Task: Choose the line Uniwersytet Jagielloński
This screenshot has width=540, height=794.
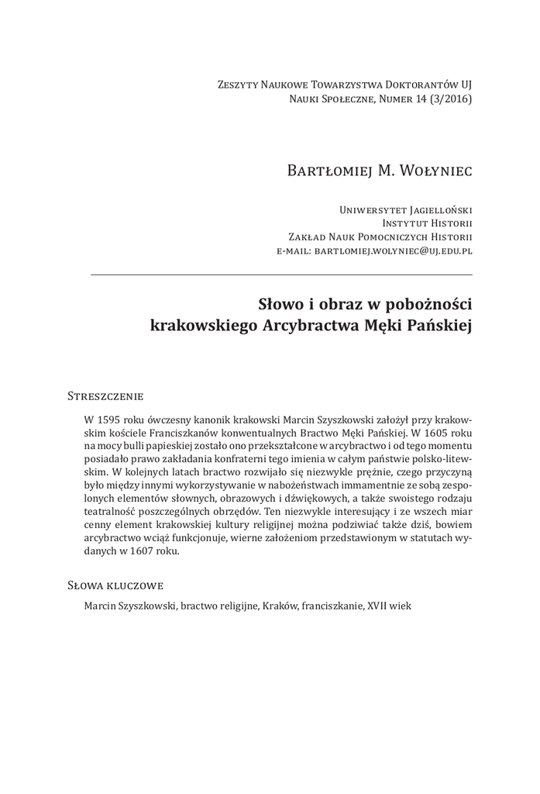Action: click(406, 209)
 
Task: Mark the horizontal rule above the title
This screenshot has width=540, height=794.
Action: click(281, 275)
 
